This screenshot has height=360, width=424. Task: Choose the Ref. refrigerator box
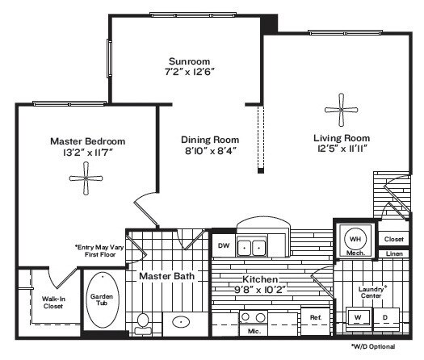315,318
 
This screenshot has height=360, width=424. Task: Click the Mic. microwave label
254,331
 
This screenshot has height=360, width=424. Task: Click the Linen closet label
393,254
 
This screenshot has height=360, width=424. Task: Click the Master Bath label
167,276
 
